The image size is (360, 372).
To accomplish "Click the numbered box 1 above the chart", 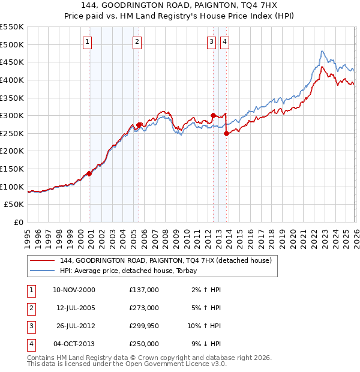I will click(x=88, y=41).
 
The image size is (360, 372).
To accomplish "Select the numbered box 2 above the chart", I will click(x=137, y=41).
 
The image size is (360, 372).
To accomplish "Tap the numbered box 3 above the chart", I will click(x=212, y=41).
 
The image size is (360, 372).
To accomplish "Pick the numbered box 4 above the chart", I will click(x=224, y=41).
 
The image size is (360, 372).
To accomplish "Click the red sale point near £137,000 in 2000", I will click(x=89, y=173).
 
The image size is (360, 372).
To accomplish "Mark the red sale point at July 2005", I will click(x=139, y=125).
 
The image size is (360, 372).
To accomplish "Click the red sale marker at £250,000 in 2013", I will click(x=226, y=133).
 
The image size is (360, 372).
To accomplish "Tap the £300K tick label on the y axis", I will click(x=12, y=115).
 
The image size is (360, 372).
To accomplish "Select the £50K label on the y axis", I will click(x=14, y=205).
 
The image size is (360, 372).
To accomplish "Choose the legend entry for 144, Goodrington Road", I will click(x=166, y=260).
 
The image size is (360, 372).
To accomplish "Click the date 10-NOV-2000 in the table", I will click(x=74, y=290).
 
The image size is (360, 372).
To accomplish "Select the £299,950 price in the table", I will click(x=143, y=326).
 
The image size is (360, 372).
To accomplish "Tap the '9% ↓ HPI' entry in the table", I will click(x=207, y=344).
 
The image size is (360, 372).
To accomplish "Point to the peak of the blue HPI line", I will click(x=322, y=51).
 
